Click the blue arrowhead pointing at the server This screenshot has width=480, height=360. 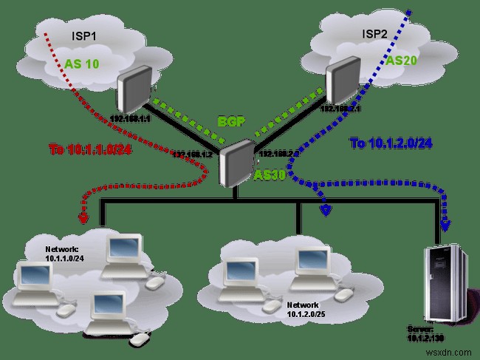click(445, 226)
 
